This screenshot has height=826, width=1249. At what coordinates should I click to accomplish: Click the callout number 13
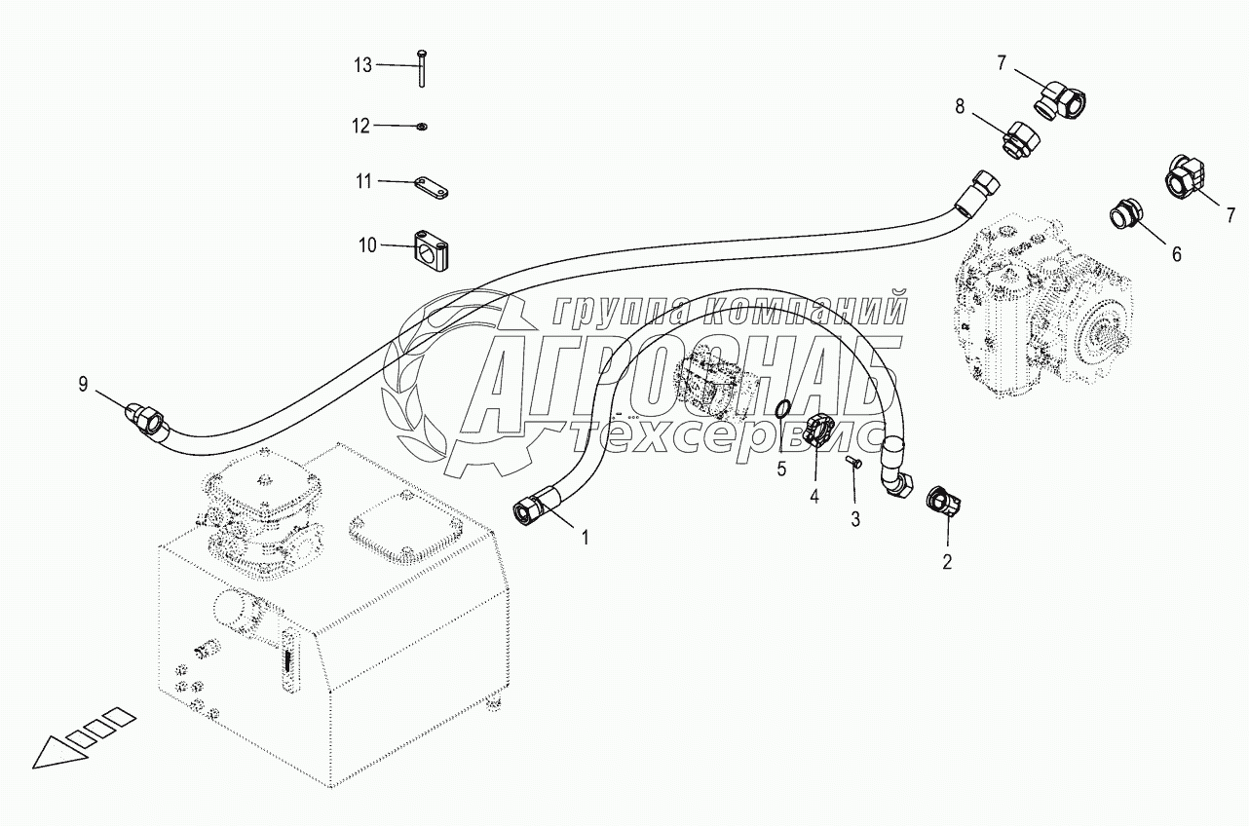pos(362,65)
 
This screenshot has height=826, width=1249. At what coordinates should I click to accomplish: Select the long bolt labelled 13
pos(421,67)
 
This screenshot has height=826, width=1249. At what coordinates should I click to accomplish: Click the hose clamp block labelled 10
pos(431,251)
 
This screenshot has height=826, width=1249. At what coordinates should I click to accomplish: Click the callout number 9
pos(83,384)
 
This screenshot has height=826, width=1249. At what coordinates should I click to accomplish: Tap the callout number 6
pos(1177,254)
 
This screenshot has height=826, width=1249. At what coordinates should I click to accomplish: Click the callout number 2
pos(947,562)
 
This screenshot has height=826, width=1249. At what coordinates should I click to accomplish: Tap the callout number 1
pos(585,539)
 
